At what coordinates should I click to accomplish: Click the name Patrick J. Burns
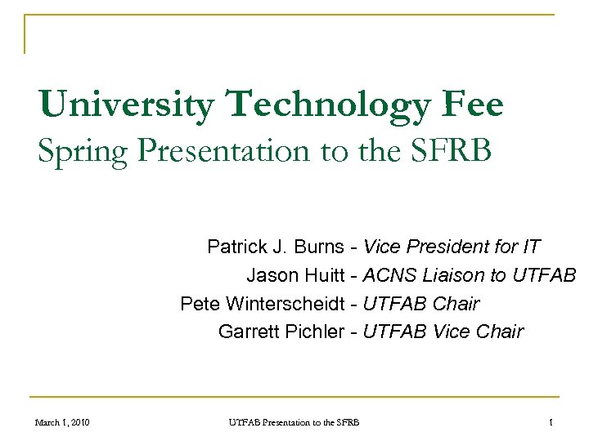pyautogui.click(x=277, y=247)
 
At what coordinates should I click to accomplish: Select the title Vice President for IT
pyautogui.click(x=452, y=247)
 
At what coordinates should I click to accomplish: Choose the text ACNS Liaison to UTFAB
pyautogui.click(x=470, y=275)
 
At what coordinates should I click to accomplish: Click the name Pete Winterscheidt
pyautogui.click(x=262, y=304)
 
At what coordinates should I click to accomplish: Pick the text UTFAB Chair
pyautogui.click(x=421, y=304)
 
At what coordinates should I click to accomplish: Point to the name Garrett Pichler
pyautogui.click(x=281, y=332)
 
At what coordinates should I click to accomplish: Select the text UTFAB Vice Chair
pyautogui.click(x=443, y=332)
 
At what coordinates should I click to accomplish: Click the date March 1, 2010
pyautogui.click(x=62, y=422)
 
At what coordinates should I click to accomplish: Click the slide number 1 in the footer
pyautogui.click(x=552, y=422)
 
